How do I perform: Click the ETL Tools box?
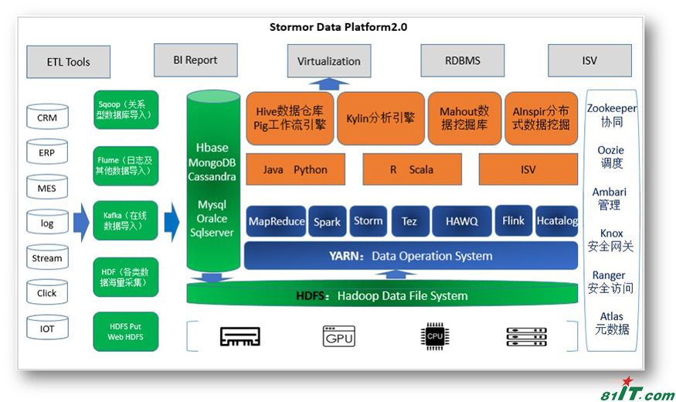click(68, 62)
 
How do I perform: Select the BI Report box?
click(195, 60)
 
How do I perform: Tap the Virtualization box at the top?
click(328, 61)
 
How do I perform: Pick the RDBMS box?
click(462, 60)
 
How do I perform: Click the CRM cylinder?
click(47, 118)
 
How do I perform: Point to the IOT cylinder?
click(47, 328)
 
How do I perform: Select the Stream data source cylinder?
click(47, 258)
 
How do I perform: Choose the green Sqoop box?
click(126, 109)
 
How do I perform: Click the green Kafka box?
click(126, 220)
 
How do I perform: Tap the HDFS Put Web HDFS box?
click(126, 332)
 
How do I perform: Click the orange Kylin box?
click(380, 118)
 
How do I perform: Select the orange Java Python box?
click(295, 169)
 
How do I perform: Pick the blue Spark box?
click(327, 221)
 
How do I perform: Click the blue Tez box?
click(409, 221)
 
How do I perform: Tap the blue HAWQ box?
click(461, 221)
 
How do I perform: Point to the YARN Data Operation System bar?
click(410, 256)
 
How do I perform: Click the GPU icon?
click(338, 336)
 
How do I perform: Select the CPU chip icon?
click(434, 336)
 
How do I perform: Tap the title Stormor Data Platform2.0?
click(338, 27)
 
